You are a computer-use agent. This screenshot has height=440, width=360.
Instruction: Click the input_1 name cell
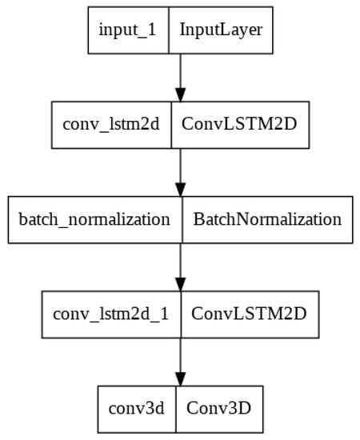[128, 30]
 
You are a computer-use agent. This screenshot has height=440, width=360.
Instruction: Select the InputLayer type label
[221, 30]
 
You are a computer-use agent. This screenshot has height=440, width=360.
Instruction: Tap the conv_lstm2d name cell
[112, 125]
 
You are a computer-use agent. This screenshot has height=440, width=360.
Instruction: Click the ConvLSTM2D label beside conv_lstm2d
[240, 125]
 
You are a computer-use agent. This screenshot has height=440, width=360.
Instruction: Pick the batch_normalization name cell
[94, 219]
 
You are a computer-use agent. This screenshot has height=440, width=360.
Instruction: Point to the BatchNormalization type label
[267, 219]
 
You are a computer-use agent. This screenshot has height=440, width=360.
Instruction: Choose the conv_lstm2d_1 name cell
[111, 313]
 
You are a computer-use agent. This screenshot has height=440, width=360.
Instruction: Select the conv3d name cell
[136, 407]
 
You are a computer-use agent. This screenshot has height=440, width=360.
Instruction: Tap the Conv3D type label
[218, 407]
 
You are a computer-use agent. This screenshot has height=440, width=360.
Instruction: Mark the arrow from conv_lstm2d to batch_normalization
[180, 171]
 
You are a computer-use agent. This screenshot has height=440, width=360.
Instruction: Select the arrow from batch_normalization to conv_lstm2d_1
[180, 266]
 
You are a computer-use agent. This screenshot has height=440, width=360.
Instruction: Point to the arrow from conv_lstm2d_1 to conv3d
[180, 360]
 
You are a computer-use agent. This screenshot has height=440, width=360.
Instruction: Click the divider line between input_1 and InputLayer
[169, 30]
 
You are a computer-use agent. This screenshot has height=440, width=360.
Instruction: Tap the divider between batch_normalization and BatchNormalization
[183, 219]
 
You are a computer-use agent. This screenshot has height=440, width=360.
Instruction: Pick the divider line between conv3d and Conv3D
[176, 407]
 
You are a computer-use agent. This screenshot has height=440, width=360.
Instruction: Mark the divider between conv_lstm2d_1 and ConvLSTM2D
[181, 313]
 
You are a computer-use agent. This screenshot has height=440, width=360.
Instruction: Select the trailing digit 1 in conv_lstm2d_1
[165, 313]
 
